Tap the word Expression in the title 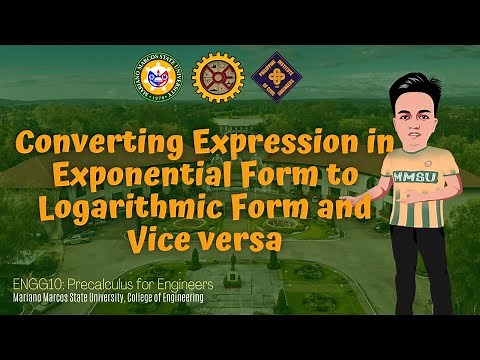[284, 144]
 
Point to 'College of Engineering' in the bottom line [164, 298]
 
